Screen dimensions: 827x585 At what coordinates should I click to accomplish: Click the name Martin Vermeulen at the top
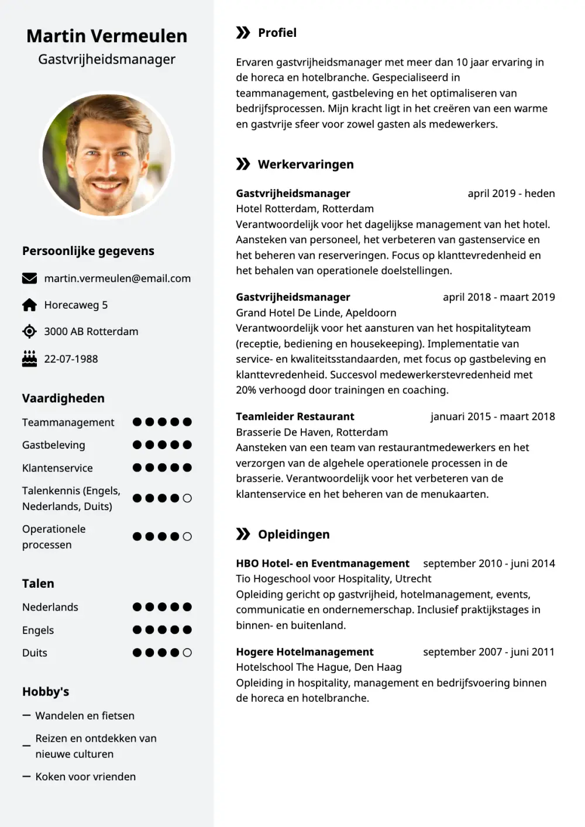pos(107,36)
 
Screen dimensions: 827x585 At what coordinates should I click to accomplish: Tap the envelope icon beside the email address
pos(29,278)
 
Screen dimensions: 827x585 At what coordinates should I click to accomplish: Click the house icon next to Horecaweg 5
pos(29,305)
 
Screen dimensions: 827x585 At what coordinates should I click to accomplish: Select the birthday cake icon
pos(29,359)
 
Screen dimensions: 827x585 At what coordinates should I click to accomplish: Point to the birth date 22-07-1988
pos(71,359)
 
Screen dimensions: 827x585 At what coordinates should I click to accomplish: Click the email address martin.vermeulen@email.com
pos(117,278)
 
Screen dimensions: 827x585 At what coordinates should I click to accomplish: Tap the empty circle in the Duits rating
pos(187,653)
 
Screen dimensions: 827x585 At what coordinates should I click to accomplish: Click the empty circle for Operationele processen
pos(187,536)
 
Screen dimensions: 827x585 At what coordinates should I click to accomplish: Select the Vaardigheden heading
pos(63,398)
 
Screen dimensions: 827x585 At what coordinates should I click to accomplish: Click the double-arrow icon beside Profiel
pos(243,33)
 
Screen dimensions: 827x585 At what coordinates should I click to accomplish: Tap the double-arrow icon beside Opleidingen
pos(243,534)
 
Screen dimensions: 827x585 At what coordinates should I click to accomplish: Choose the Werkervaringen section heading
pos(305,164)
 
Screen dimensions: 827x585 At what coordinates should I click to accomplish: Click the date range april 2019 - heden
pos(511,194)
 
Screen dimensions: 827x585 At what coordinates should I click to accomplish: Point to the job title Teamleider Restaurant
pos(295,416)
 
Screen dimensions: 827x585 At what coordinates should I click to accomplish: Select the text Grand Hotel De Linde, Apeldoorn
pos(316,313)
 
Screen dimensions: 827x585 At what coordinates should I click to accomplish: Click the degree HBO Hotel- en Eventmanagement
pos(322,563)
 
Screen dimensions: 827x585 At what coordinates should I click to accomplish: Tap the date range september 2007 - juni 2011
pos(488,652)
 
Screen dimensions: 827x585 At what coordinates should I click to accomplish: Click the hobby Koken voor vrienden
pos(85,777)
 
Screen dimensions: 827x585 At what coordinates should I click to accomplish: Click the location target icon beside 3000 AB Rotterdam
pos(29,332)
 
